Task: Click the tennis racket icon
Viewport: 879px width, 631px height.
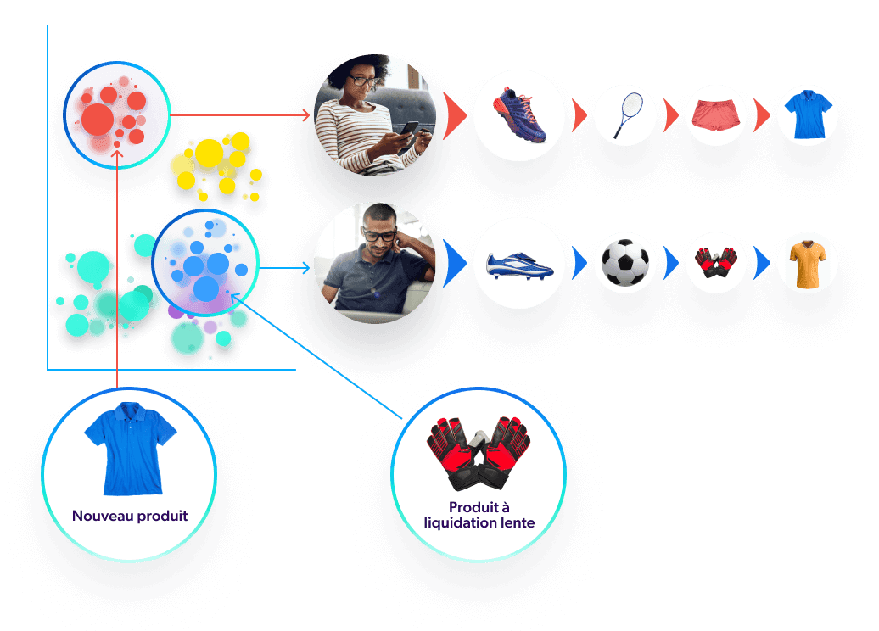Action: coord(625,115)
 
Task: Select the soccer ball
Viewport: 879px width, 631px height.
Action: coord(625,263)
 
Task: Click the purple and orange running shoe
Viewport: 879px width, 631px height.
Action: coord(519,115)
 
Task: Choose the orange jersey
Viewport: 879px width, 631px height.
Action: coord(807,263)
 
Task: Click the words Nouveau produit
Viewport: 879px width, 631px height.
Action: coord(130,516)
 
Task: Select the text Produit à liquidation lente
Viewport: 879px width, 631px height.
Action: coord(479,516)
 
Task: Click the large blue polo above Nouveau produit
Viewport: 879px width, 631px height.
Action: coord(130,448)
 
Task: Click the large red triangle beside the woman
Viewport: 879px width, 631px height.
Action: coord(454,115)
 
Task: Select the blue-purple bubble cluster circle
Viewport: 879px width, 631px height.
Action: coord(204,262)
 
